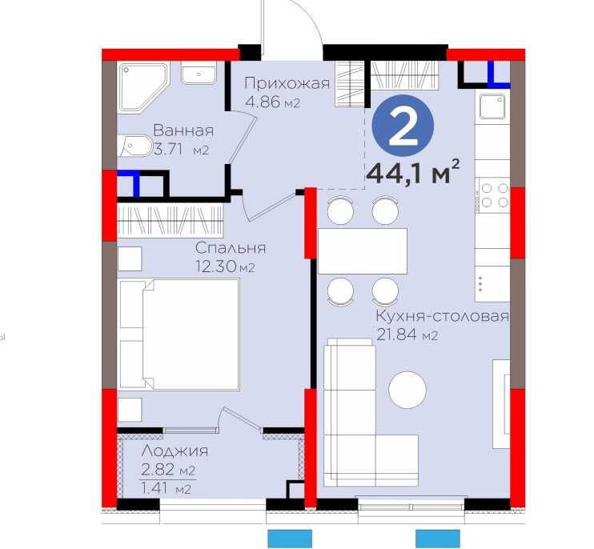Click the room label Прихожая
[287, 84]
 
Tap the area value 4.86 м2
[273, 102]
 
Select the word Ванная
[183, 130]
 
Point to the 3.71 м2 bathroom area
[181, 150]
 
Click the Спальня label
[231, 248]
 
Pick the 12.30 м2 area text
[225, 267]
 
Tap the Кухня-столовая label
[442, 316]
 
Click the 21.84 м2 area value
[407, 335]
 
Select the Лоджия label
[175, 451]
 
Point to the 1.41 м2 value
[166, 488]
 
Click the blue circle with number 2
[403, 126]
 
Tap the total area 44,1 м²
[413, 172]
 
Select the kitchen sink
[492, 106]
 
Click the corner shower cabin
[142, 87]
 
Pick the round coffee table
[407, 390]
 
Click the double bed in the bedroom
[179, 335]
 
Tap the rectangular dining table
[363, 251]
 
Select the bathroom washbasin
[199, 73]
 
